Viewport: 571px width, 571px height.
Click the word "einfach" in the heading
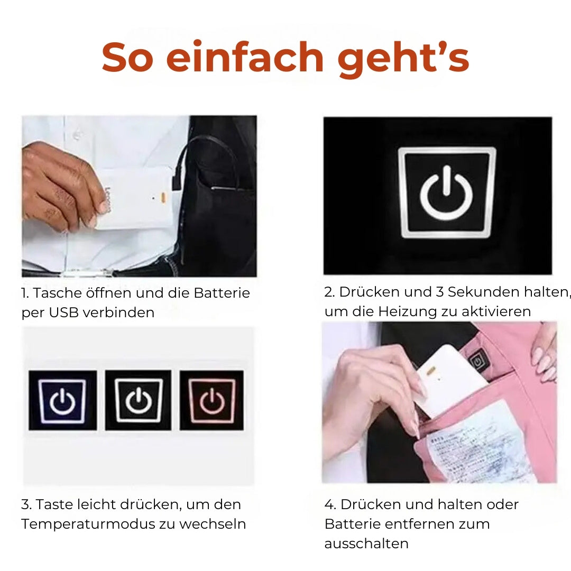point(245,58)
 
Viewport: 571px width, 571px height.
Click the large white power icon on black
point(447,193)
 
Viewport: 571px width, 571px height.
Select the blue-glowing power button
point(62,400)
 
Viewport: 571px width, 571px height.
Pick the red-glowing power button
point(211,400)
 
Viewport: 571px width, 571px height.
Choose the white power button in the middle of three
point(137,400)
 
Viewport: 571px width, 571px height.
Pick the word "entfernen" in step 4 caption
point(415,524)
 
